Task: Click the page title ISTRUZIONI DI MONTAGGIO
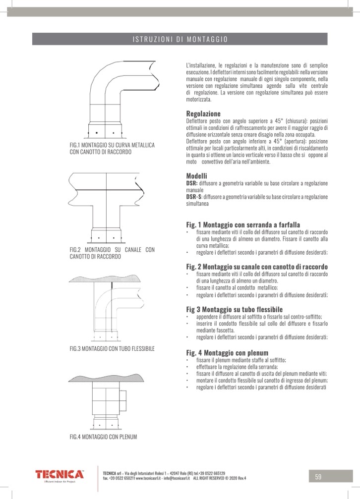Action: (x=180, y=39)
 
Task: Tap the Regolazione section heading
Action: (x=203, y=113)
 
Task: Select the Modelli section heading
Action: (x=196, y=176)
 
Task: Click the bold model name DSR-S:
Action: (x=194, y=197)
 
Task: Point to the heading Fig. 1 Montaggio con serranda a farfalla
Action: (x=243, y=224)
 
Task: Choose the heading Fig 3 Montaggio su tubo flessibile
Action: (x=234, y=309)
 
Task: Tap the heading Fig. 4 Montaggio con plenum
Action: (x=227, y=353)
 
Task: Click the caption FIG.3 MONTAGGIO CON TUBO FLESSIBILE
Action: (x=112, y=348)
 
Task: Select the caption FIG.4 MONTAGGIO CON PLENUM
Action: (x=103, y=437)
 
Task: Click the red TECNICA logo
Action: (x=60, y=475)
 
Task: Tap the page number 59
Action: (x=318, y=477)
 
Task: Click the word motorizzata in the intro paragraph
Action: (x=198, y=99)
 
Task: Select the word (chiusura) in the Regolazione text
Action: (x=297, y=121)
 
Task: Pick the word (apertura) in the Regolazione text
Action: (x=295, y=141)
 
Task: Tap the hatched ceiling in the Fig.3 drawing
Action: (x=105, y=278)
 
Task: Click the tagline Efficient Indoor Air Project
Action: (x=60, y=482)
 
